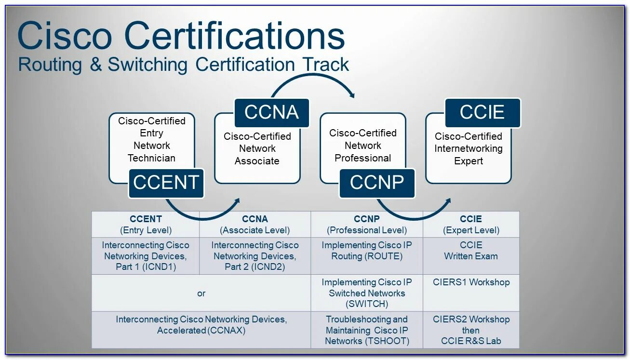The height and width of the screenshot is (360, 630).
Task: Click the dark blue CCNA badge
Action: click(x=271, y=113)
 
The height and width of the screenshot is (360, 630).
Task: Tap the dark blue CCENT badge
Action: click(x=166, y=183)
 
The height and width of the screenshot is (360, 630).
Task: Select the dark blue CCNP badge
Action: click(x=376, y=183)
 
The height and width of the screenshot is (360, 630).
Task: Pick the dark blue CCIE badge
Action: click(x=482, y=113)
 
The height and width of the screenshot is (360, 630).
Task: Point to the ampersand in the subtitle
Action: click(x=95, y=65)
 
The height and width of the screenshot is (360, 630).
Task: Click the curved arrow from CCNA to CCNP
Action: click(x=313, y=80)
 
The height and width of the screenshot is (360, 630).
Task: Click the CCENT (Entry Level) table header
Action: click(x=146, y=225)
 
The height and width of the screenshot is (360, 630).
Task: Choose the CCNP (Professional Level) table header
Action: click(x=367, y=225)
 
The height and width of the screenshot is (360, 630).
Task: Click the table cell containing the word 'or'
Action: click(x=201, y=293)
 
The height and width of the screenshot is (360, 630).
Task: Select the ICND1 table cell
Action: click(x=146, y=256)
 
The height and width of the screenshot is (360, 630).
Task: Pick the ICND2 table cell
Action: click(x=255, y=256)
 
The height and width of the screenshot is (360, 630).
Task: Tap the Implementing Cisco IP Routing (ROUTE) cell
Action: click(x=367, y=251)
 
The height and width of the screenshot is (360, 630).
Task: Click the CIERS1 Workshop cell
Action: click(x=471, y=282)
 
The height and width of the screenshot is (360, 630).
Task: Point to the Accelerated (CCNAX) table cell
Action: click(x=201, y=325)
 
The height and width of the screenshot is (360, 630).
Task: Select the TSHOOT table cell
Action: click(x=367, y=330)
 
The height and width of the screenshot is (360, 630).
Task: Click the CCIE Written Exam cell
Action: click(x=471, y=251)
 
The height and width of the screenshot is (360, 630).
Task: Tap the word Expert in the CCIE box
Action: click(x=468, y=161)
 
